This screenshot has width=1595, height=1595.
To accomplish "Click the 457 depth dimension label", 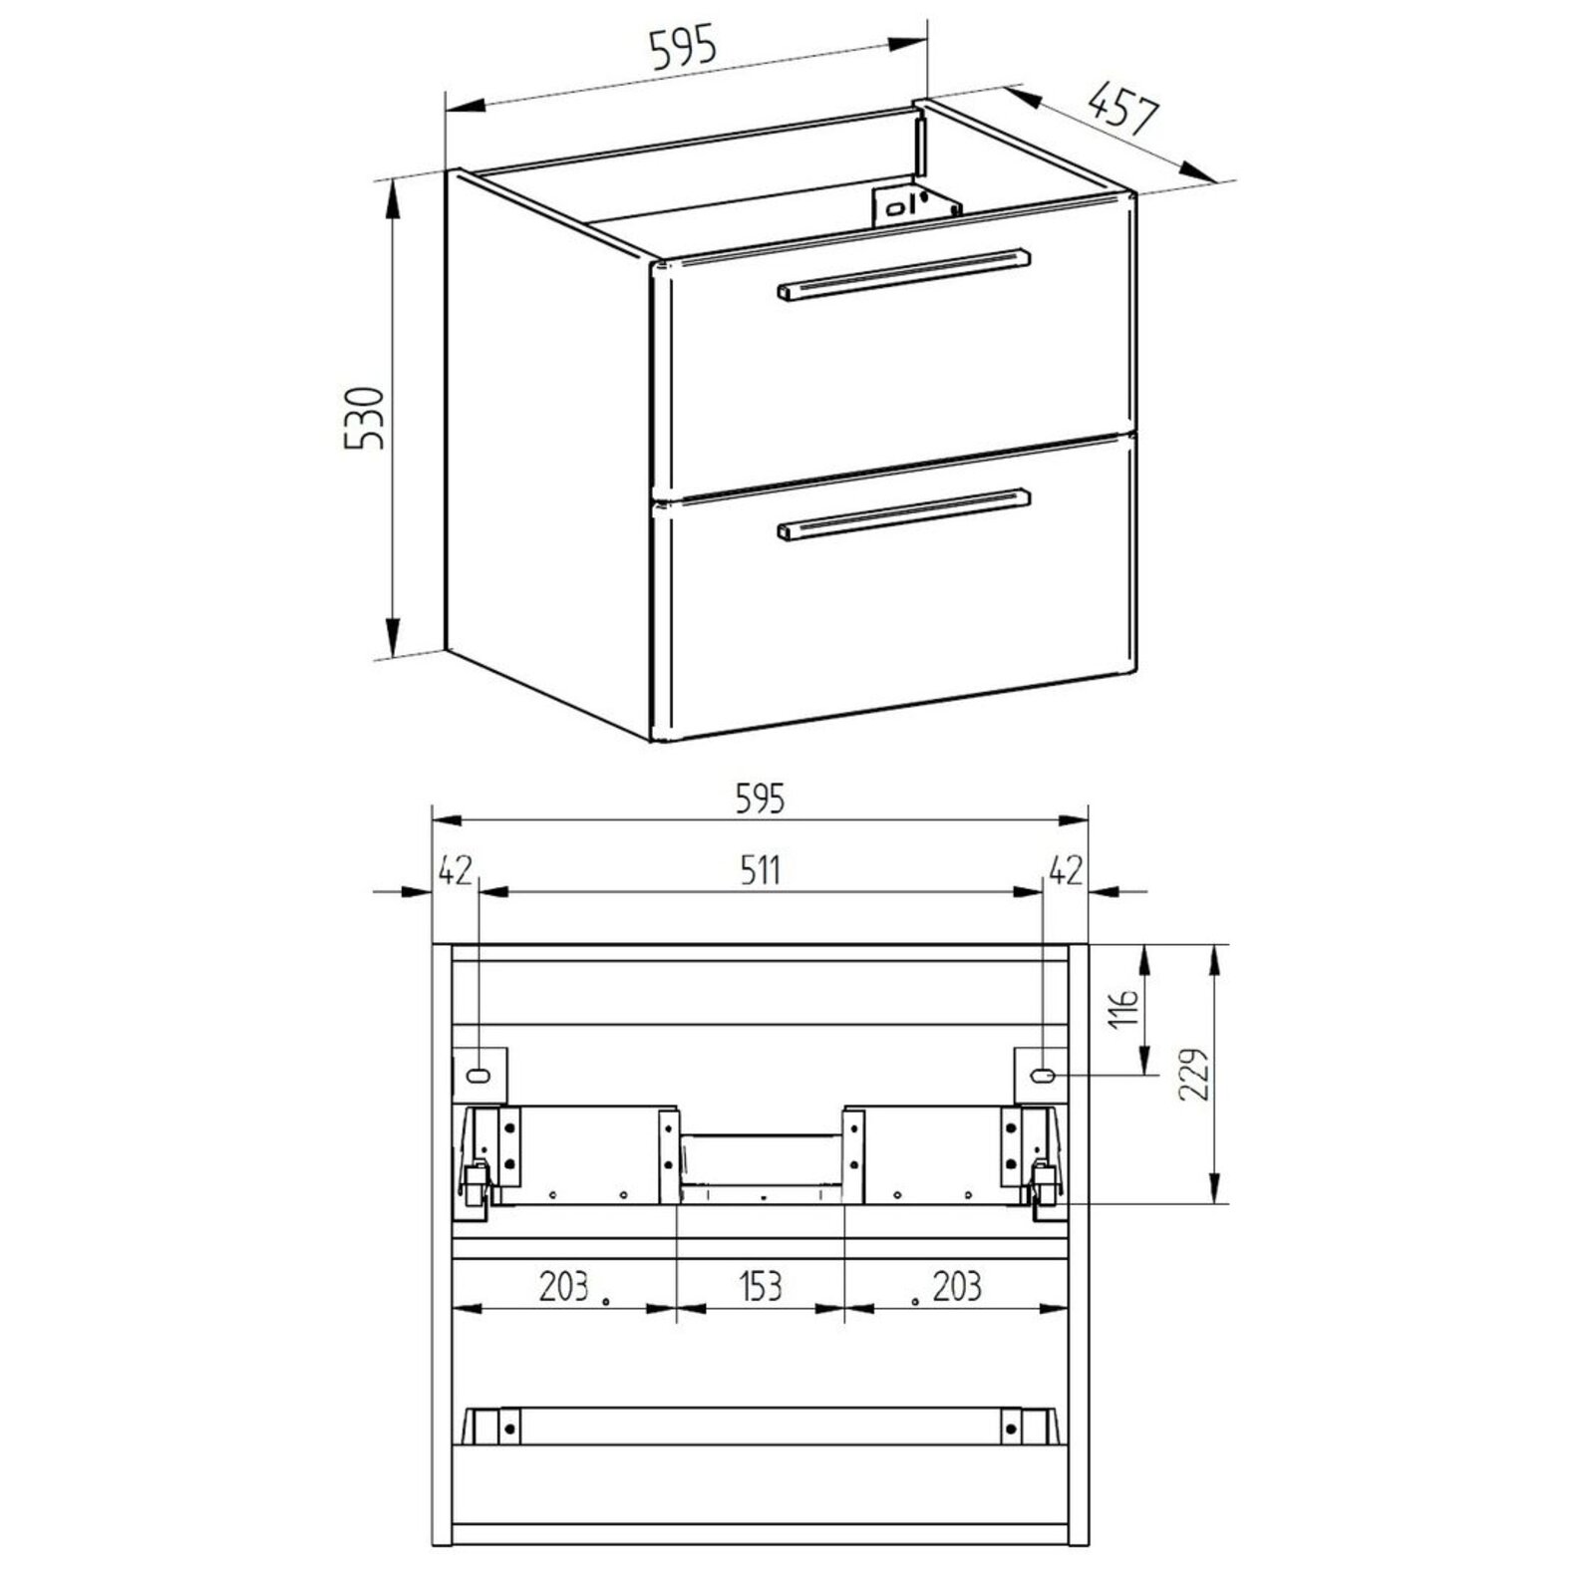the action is [x=1122, y=111].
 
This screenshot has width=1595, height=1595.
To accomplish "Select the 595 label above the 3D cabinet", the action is [x=683, y=48].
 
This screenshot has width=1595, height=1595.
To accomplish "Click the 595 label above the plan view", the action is [x=761, y=798].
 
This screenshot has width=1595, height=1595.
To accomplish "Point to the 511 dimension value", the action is [x=761, y=870].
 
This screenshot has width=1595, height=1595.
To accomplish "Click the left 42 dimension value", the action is [x=455, y=870].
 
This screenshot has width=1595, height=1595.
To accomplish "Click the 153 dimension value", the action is [x=761, y=1286].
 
